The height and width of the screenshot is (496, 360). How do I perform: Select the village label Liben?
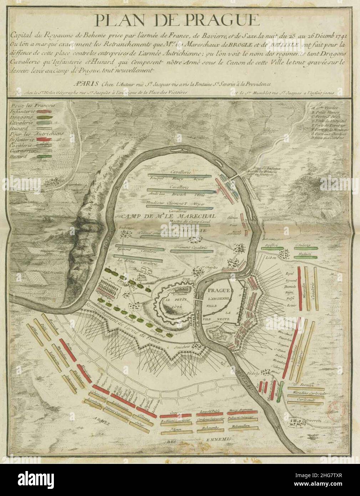point(273,257)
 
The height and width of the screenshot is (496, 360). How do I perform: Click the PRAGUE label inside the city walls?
point(218,290)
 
